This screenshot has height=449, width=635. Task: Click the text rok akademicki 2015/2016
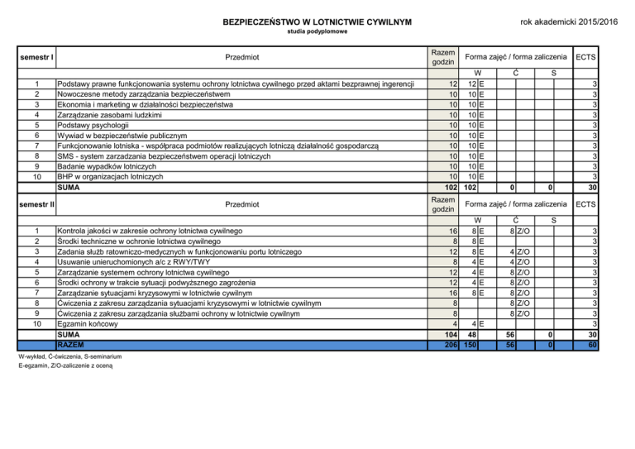[x=571, y=20]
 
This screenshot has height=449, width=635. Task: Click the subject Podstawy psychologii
[x=96, y=125]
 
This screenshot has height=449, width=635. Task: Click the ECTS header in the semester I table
[x=586, y=57]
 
